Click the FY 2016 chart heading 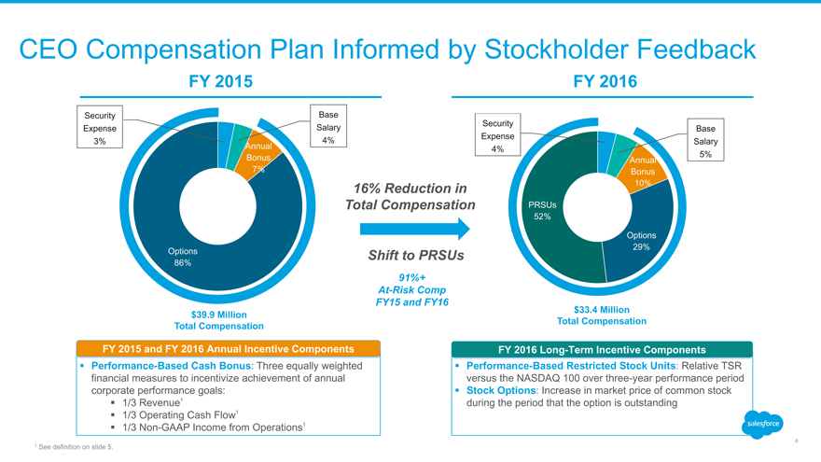(x=606, y=82)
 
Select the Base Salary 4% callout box (x=327, y=127)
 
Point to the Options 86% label (x=182, y=257)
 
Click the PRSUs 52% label (x=542, y=211)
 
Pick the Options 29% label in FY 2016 (x=641, y=241)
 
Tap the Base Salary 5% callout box (x=705, y=141)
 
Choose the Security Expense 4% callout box (x=497, y=136)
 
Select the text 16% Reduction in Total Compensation (x=408, y=197)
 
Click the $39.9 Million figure (x=219, y=315)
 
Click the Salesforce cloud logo (x=762, y=424)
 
